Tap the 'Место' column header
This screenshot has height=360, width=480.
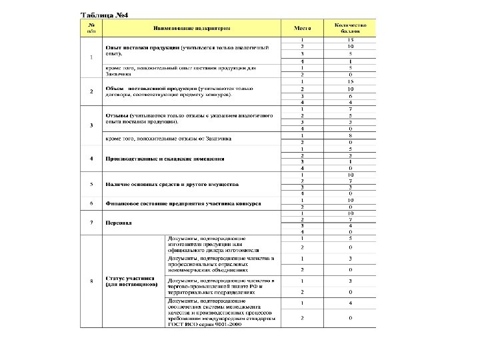(302, 29)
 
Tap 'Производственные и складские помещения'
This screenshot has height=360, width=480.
(164, 159)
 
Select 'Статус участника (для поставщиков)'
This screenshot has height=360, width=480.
(131, 281)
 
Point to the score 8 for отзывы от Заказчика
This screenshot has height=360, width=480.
(350, 135)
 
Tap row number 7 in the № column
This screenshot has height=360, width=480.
(91, 223)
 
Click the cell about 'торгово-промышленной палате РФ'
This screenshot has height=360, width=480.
(221, 286)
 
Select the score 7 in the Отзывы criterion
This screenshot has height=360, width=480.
(350, 109)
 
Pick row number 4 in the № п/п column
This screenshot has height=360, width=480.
(91, 159)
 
